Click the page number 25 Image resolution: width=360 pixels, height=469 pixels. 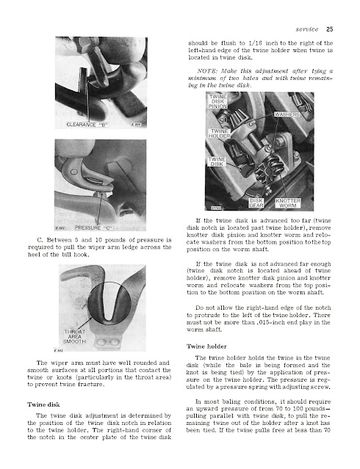(x=329, y=29)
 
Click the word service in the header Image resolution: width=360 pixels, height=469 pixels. (x=307, y=29)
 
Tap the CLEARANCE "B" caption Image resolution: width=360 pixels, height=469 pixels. (x=87, y=125)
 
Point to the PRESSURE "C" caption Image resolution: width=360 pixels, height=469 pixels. (x=94, y=228)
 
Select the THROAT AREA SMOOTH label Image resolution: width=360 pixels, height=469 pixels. (x=74, y=336)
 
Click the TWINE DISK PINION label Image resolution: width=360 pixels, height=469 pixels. (x=217, y=101)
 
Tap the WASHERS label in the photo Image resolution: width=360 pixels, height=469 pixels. (x=287, y=114)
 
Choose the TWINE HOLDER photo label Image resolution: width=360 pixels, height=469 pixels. (x=219, y=134)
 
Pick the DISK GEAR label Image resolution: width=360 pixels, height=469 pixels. (x=256, y=203)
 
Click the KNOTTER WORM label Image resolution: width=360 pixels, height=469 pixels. (x=288, y=203)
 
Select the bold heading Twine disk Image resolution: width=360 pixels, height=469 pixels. (x=43, y=404)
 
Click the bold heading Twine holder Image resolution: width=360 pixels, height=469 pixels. (x=206, y=346)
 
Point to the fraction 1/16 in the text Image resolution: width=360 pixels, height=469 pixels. (x=254, y=43)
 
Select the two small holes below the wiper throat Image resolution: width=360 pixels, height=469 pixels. (x=109, y=341)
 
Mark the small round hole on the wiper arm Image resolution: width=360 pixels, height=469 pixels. (x=73, y=172)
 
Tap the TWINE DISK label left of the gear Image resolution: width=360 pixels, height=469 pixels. (x=217, y=161)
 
